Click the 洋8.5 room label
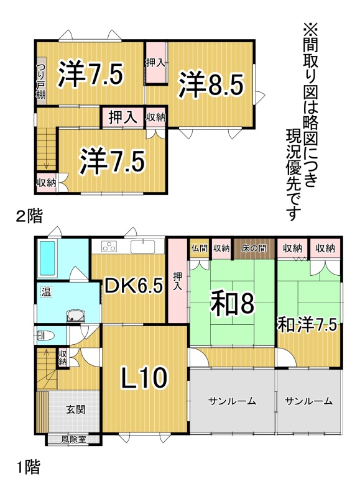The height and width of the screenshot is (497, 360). click(211, 84)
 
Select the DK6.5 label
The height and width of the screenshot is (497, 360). click(134, 285)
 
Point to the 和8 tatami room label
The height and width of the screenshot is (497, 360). click(233, 304)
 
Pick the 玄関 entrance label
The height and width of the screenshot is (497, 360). click(75, 409)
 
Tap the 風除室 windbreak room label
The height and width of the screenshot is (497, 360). click(74, 439)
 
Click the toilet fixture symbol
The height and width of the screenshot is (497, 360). click(45, 335)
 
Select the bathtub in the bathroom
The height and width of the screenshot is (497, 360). click(47, 258)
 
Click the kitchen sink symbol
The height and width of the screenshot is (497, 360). click(143, 246)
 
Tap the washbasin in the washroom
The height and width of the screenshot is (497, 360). click(75, 316)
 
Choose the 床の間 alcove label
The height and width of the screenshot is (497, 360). click(254, 248)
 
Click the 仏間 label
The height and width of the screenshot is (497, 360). click(199, 248)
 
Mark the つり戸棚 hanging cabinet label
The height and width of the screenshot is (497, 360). click(40, 81)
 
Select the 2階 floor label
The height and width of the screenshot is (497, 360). click(29, 217)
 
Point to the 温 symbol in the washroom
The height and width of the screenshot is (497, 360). click(46, 291)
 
